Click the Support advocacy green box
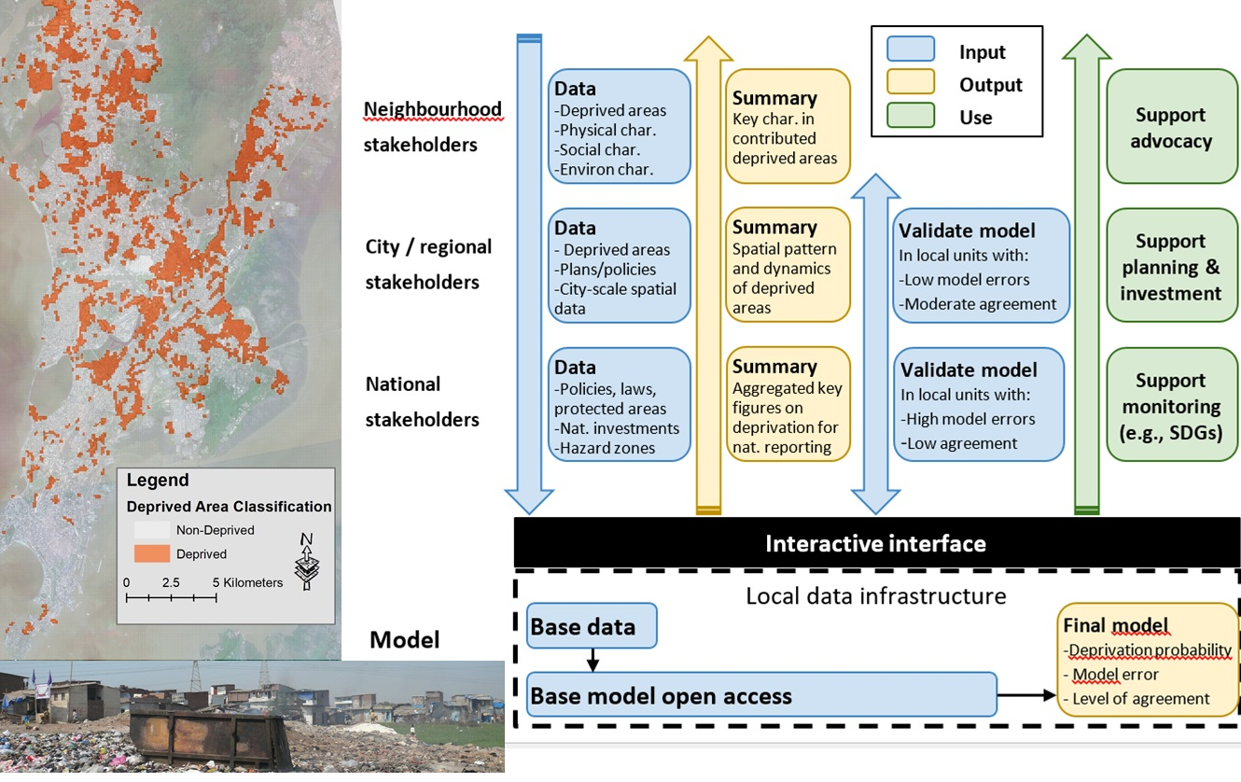point(1172,127)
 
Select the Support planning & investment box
point(1172,267)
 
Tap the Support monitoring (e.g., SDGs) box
point(1172,406)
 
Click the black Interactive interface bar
point(875,543)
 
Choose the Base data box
point(592,626)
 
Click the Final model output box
point(1147,661)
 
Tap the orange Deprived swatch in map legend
point(148,554)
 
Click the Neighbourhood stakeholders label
point(432,127)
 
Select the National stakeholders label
point(422,402)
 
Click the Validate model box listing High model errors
point(979,405)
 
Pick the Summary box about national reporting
point(788,405)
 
